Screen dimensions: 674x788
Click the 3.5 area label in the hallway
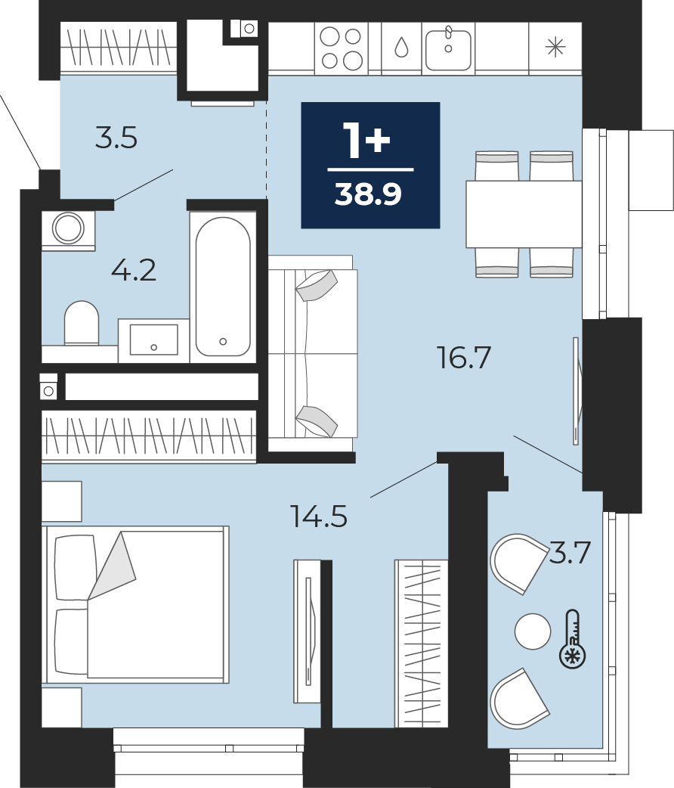[116, 138]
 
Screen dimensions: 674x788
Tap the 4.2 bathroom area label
[133, 271]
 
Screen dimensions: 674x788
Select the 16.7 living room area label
[463, 358]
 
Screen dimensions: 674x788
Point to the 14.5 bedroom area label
[319, 516]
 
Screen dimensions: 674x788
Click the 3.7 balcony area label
[570, 552]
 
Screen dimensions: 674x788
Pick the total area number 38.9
[368, 194]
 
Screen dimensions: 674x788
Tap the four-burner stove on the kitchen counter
[342, 48]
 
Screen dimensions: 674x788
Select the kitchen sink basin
[449, 48]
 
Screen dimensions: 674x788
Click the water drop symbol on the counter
[401, 48]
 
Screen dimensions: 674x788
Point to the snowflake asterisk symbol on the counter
[555, 48]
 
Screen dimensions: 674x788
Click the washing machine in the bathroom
[68, 230]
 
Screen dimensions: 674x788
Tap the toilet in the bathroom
[82, 323]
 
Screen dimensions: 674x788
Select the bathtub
[223, 287]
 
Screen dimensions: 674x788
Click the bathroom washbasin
[153, 340]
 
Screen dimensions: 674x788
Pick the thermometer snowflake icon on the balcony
[573, 639]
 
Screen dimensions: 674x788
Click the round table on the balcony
[533, 631]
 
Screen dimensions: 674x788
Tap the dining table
[524, 214]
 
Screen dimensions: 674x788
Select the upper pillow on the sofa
[317, 285]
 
